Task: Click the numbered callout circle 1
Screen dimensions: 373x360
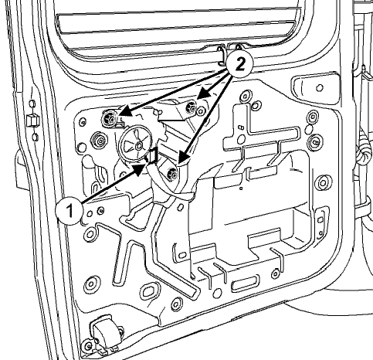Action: (x=70, y=211)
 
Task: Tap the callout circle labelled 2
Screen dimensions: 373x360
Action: (x=239, y=64)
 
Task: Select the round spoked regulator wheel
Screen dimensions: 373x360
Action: (x=136, y=144)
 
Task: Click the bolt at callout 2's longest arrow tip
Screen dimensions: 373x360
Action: (x=172, y=174)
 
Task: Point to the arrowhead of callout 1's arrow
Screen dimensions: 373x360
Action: (x=141, y=169)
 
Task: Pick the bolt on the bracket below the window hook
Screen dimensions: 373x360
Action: (x=191, y=107)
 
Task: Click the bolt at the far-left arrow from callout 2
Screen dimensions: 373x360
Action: (x=110, y=118)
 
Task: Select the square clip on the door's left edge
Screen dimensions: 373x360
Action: (x=32, y=121)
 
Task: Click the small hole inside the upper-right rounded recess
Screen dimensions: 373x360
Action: (x=320, y=88)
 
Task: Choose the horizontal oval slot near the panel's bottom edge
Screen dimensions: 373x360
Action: (x=246, y=284)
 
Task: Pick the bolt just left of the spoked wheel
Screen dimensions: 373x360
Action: (x=99, y=141)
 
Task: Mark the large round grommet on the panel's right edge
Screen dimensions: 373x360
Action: (x=323, y=183)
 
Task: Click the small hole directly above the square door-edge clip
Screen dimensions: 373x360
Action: (x=32, y=104)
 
